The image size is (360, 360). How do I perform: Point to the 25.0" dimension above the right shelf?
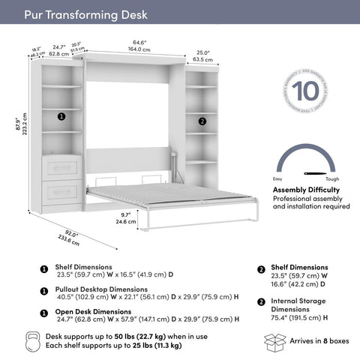[x=202, y=54]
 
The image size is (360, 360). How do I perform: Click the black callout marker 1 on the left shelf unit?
[x=61, y=117]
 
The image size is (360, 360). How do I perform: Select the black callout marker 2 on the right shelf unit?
[x=202, y=121]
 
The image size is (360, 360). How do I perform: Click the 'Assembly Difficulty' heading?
[x=306, y=190]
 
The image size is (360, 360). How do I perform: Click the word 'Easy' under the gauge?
[x=277, y=178]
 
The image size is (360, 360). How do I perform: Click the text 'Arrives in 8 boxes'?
[x=319, y=341]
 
